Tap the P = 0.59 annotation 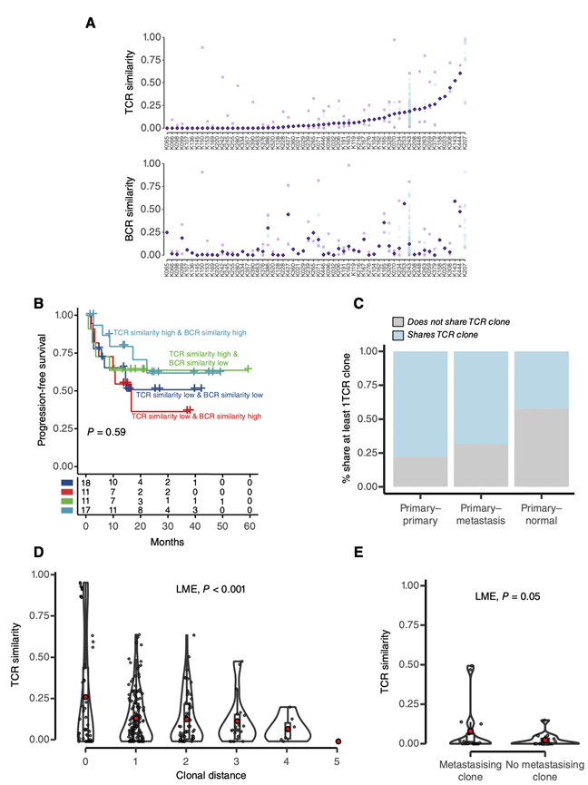[107, 432]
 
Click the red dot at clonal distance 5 [338, 741]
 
